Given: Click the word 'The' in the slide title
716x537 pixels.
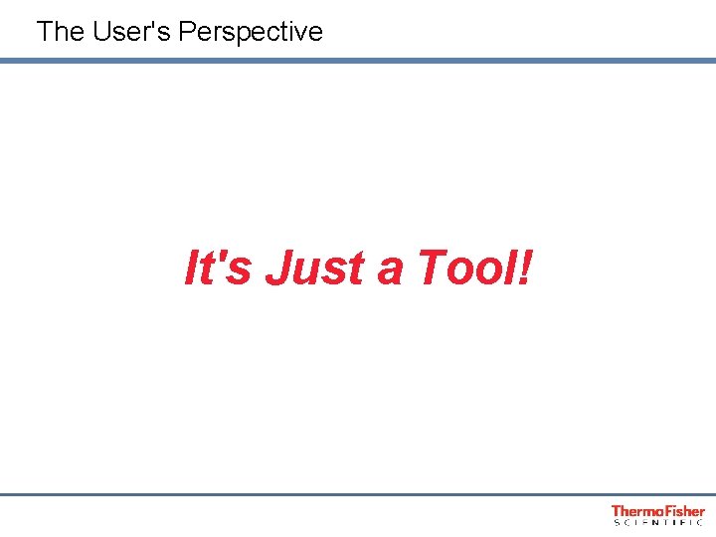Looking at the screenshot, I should coord(60,32).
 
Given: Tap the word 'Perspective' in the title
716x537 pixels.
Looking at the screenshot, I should coord(251,32).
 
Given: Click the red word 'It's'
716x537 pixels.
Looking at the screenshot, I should coord(217,268).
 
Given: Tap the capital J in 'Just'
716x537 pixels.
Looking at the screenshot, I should coord(279,268).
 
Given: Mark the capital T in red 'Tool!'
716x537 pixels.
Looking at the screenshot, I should coord(433,268).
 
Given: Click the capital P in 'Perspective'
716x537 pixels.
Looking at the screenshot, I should coord(188,32).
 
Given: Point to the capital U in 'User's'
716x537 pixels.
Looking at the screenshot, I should coord(102,32).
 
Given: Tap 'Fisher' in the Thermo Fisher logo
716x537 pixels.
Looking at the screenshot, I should coord(683,511).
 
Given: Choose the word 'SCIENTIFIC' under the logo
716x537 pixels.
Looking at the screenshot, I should coord(658,522).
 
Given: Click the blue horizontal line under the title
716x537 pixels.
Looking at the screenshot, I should coord(358,61).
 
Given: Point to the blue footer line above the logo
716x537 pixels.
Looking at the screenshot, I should coord(358,494).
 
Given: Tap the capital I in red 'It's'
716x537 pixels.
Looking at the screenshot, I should coord(193,268).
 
